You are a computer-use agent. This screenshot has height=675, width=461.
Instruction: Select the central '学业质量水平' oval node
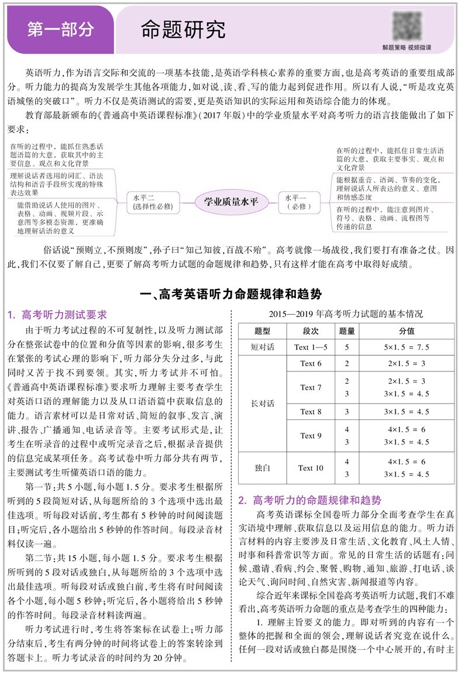231,202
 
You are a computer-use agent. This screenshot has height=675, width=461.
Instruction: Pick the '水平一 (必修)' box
298,202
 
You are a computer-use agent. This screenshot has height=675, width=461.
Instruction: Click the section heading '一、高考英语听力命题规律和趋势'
230,294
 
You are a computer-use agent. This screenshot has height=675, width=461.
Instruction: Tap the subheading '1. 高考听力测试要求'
57,315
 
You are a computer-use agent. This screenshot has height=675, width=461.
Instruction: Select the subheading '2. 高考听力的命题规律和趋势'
309,500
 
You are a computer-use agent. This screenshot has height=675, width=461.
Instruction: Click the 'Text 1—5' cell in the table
311,347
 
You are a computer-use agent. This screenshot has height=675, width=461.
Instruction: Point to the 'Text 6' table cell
311,364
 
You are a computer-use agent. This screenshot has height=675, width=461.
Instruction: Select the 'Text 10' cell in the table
311,468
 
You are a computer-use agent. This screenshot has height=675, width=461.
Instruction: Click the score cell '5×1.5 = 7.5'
407,347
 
